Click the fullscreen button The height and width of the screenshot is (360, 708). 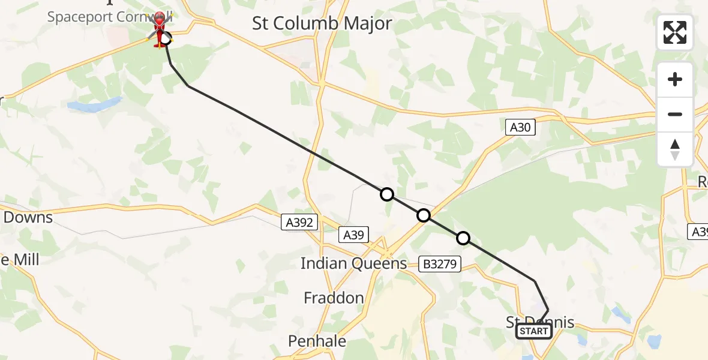[x=675, y=32]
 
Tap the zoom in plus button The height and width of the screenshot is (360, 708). [x=675, y=80]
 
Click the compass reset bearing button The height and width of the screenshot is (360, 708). [x=675, y=149]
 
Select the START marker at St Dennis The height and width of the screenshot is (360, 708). [x=533, y=331]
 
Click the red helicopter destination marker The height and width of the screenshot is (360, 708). [x=160, y=30]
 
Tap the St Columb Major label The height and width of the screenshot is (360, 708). [x=322, y=23]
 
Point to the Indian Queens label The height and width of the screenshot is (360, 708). [x=353, y=263]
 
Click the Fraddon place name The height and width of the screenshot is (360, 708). [x=334, y=298]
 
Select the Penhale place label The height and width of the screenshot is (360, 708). [x=317, y=341]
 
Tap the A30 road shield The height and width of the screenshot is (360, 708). [x=520, y=127]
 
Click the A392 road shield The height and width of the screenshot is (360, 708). [x=298, y=223]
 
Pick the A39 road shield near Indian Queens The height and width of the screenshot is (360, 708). [x=353, y=235]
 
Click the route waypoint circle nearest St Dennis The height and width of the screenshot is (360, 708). [x=463, y=238]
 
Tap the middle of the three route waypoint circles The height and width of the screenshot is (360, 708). [x=424, y=215]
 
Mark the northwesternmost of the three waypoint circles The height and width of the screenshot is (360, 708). [x=387, y=194]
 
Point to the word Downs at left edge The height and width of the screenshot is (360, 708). [x=28, y=217]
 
